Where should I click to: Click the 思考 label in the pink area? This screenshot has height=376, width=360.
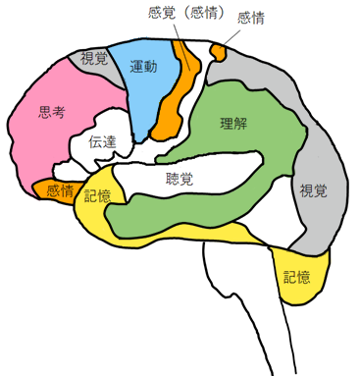point(52,113)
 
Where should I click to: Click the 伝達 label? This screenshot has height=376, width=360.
point(103,142)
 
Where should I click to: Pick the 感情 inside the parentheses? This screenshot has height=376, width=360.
point(208,13)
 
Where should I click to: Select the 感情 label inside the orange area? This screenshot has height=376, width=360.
point(59,191)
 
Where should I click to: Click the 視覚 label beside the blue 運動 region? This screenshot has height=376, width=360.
point(95,59)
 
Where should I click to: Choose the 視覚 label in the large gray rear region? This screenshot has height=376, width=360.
point(313,189)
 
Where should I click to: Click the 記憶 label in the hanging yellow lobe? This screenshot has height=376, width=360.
point(296,276)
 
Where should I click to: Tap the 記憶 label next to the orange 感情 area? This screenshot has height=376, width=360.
point(98,195)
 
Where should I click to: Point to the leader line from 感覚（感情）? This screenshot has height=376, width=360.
point(180,31)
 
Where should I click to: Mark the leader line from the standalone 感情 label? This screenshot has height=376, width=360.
point(232,32)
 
